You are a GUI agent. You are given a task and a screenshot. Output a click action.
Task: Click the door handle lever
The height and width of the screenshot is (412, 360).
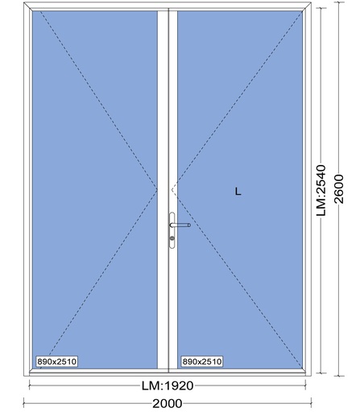pos(180,225)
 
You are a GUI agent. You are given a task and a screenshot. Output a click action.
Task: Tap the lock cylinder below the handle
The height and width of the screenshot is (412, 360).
pos(172,238)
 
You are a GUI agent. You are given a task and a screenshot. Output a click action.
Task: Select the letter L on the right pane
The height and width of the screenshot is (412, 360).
pos(238,192)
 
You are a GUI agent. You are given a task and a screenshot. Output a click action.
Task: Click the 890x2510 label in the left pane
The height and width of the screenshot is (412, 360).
pos(57,361)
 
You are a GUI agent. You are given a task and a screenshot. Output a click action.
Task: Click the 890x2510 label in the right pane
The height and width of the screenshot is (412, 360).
pos(202,361)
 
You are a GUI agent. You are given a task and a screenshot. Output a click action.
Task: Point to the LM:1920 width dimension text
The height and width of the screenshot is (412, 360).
pos(168,386)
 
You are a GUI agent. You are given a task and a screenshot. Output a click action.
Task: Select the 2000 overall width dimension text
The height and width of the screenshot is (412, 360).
pos(168,403)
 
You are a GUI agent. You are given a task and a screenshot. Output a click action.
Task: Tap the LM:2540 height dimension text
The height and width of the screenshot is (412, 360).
pos(321,191)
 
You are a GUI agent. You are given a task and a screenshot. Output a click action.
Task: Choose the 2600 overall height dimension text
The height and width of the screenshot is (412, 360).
pos(339,189)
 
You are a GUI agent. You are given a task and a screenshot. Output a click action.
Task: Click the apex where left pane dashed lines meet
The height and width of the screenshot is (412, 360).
pos(157,190)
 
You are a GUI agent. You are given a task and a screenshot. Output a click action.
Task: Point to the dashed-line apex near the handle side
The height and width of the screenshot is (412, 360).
pos(172,190)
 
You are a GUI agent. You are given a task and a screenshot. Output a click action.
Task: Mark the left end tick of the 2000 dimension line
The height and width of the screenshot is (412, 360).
pos(24,403)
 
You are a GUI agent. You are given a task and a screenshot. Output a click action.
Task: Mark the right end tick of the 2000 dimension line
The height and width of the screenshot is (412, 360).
pos(312,403)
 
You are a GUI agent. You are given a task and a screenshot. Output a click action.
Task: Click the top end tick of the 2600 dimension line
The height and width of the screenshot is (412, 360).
pos(341,2)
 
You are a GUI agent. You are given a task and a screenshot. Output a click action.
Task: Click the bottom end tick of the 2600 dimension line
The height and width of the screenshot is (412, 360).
pos(341,376)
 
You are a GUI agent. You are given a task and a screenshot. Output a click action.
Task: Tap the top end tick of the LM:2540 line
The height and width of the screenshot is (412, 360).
pos(321,8)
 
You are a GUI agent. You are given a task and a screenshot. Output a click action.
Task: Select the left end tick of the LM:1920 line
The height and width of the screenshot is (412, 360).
pos(29,386)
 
